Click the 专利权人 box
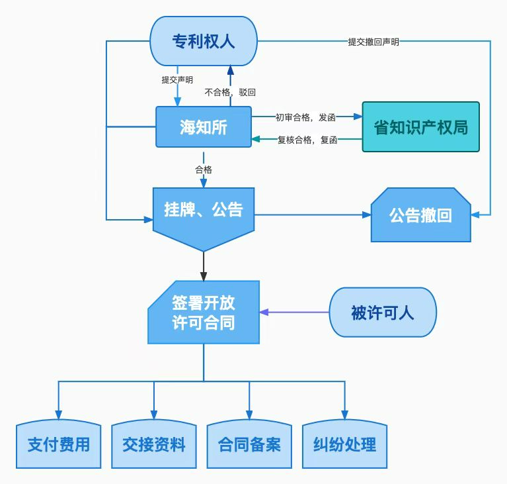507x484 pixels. (x=203, y=41)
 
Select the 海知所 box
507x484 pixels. (x=203, y=126)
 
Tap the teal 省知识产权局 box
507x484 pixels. (x=420, y=126)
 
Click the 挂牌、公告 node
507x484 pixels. (x=203, y=211)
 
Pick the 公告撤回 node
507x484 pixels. (x=420, y=215)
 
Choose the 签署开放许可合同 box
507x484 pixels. (x=203, y=313)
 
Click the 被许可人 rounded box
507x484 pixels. (x=382, y=313)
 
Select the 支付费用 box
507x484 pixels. (x=58, y=444)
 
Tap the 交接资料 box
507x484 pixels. (x=154, y=444)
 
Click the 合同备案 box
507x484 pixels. (x=249, y=444)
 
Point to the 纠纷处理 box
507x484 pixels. (x=344, y=444)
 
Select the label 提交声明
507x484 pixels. (x=177, y=80)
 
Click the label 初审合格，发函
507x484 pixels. (x=305, y=117)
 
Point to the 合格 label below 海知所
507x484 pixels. (x=203, y=169)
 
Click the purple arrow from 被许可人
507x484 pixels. (x=294, y=312)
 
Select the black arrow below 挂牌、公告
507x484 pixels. (x=203, y=266)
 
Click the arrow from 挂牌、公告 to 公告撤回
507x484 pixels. (x=311, y=215)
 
